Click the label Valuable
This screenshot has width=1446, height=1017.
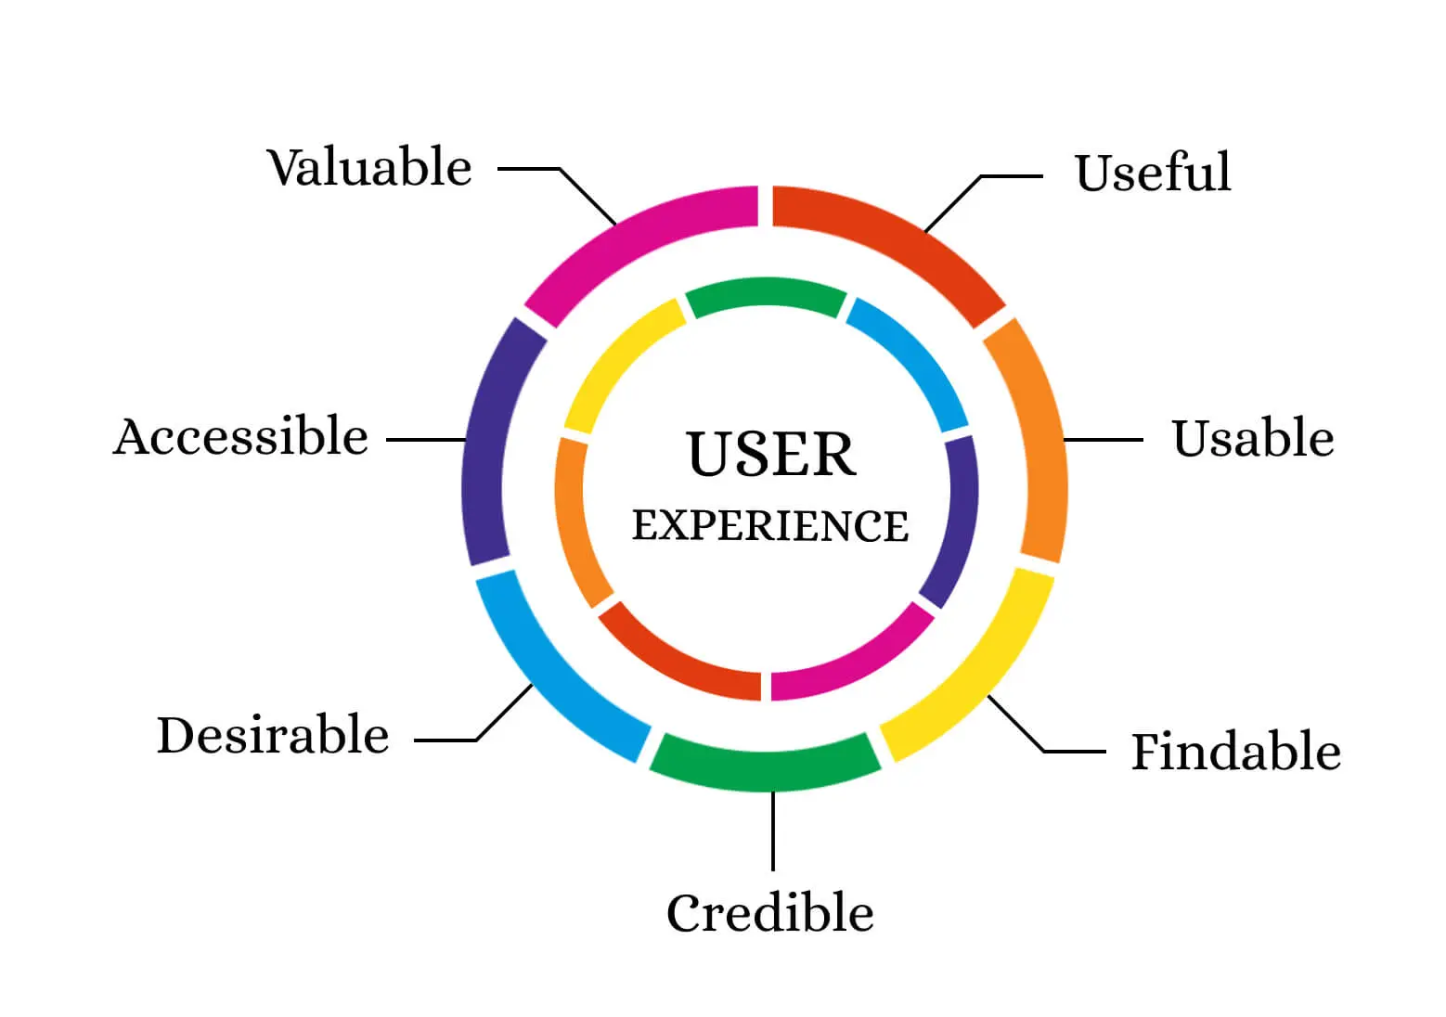coord(369,168)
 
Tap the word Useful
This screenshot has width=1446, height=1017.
coord(1153,173)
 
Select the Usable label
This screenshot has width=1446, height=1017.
coord(1252,439)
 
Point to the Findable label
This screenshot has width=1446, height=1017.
coord(1235,752)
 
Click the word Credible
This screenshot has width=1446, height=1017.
coord(769,913)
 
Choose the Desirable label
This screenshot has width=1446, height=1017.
coord(273,736)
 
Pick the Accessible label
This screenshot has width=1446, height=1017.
coord(240,437)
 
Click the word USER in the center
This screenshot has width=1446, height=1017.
coord(770,455)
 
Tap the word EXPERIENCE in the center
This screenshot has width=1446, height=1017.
coord(769,526)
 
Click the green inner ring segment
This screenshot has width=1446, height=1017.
coord(766,294)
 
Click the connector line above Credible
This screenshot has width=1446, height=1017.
coord(773,830)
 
